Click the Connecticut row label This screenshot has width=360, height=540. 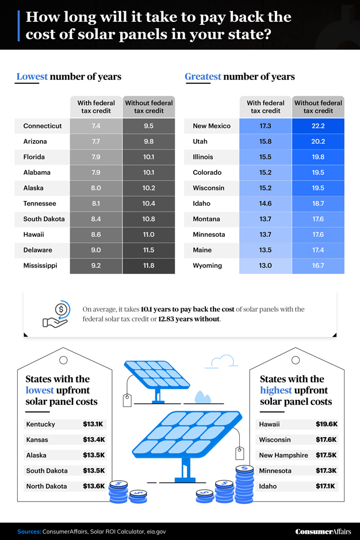coord(43,126)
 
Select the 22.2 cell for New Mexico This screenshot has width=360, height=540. coord(318,126)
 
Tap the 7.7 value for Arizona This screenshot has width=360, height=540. coord(95,141)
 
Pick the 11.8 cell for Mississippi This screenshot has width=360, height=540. coord(148,266)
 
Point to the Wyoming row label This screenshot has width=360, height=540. coord(206,266)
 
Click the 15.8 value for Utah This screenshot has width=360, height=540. coord(265,141)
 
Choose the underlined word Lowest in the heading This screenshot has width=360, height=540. coord(32,76)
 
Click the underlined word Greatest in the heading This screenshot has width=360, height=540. coord(202,76)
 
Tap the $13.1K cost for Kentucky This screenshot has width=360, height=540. coord(93,424)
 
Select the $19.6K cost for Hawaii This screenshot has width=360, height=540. coord(326,424)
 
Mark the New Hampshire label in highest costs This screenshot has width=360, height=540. coord(284,455)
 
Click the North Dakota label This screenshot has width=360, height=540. coord(46,487)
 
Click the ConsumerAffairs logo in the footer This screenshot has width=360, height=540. coord(323,531)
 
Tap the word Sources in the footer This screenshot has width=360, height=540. coord(28,531)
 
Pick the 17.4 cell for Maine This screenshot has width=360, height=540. coord(318,250)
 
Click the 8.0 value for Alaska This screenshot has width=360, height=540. coord(95,188)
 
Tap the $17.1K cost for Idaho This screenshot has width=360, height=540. coord(326,487)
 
